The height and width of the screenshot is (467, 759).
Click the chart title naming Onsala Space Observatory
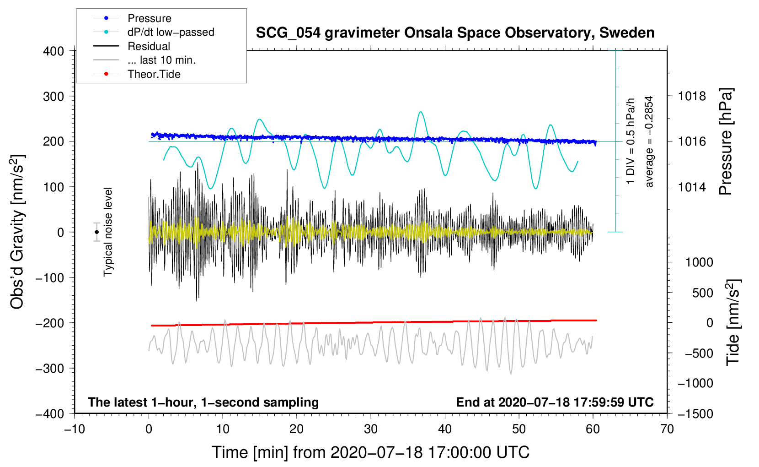coord(455,33)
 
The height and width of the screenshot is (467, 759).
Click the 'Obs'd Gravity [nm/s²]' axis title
coord(17,232)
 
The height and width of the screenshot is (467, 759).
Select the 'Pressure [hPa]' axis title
coord(726,141)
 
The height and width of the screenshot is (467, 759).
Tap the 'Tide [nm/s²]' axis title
coord(733,322)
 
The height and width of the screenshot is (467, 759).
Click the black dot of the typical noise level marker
coord(97,232)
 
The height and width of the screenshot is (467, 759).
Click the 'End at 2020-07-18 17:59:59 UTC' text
coord(555,402)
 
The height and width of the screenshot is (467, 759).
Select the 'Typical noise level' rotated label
coord(108,232)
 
